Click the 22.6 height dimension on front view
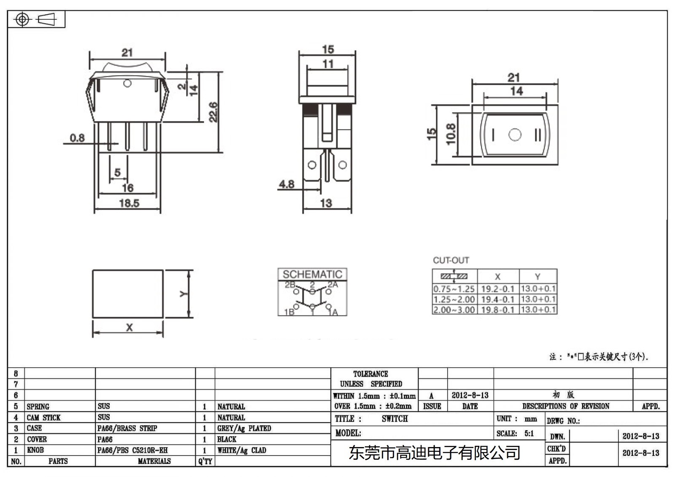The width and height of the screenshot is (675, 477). click(213, 112)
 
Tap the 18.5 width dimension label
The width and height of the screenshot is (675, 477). click(129, 203)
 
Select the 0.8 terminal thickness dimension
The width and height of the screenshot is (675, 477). click(77, 138)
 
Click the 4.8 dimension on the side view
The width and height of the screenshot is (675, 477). click(286, 184)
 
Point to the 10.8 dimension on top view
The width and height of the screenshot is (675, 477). click(451, 134)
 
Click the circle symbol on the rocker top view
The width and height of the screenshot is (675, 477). click(515, 135)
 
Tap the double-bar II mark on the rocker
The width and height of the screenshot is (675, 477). click(537, 135)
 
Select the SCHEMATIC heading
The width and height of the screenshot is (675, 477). click(312, 274)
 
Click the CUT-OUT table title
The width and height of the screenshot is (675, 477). click(451, 260)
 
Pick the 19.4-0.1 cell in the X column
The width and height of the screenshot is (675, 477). click(498, 299)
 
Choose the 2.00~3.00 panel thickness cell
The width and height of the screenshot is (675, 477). click(454, 310)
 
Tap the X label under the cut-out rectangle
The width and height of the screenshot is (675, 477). click(129, 327)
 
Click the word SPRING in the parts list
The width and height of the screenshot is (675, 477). click(38, 407)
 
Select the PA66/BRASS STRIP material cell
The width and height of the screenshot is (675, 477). click(127, 428)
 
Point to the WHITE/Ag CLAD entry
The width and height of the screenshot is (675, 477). click(242, 450)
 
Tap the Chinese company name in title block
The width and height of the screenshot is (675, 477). click(435, 453)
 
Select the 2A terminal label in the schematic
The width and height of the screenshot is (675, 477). click(333, 285)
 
